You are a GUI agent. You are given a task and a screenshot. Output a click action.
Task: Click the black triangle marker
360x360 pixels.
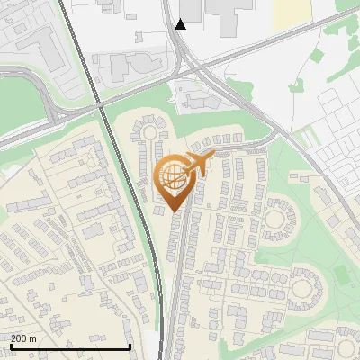click(x=181, y=23)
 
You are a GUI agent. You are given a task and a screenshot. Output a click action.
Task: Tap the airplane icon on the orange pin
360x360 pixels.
click(x=199, y=164)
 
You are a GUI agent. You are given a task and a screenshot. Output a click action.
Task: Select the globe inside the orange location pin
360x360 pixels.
click(x=173, y=175)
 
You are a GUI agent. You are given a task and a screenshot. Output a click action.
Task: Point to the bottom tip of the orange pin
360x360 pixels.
click(x=174, y=212)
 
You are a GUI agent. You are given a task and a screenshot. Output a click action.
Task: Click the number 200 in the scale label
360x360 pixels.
click(x=19, y=338)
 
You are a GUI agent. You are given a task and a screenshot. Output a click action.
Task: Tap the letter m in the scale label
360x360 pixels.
click(x=33, y=338)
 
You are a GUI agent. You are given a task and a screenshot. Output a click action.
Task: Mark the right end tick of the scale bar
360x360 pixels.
click(x=130, y=345)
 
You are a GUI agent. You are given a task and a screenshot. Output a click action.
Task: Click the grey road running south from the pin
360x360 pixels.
click(x=178, y=270)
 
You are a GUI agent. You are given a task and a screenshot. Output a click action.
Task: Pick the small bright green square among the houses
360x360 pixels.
click(x=339, y=271)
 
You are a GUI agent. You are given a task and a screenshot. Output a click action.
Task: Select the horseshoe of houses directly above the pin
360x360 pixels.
click(x=148, y=135)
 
